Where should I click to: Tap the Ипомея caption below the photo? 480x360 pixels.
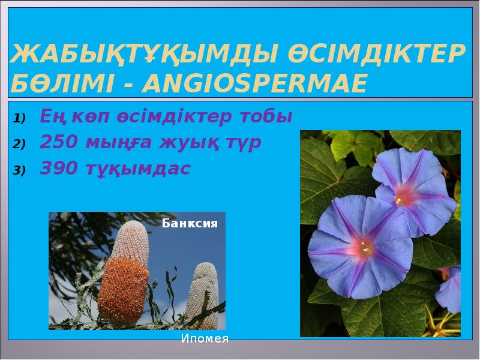[x=205, y=338]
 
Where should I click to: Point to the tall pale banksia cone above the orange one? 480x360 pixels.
[x=130, y=243]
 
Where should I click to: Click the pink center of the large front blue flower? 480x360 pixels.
[x=364, y=247]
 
